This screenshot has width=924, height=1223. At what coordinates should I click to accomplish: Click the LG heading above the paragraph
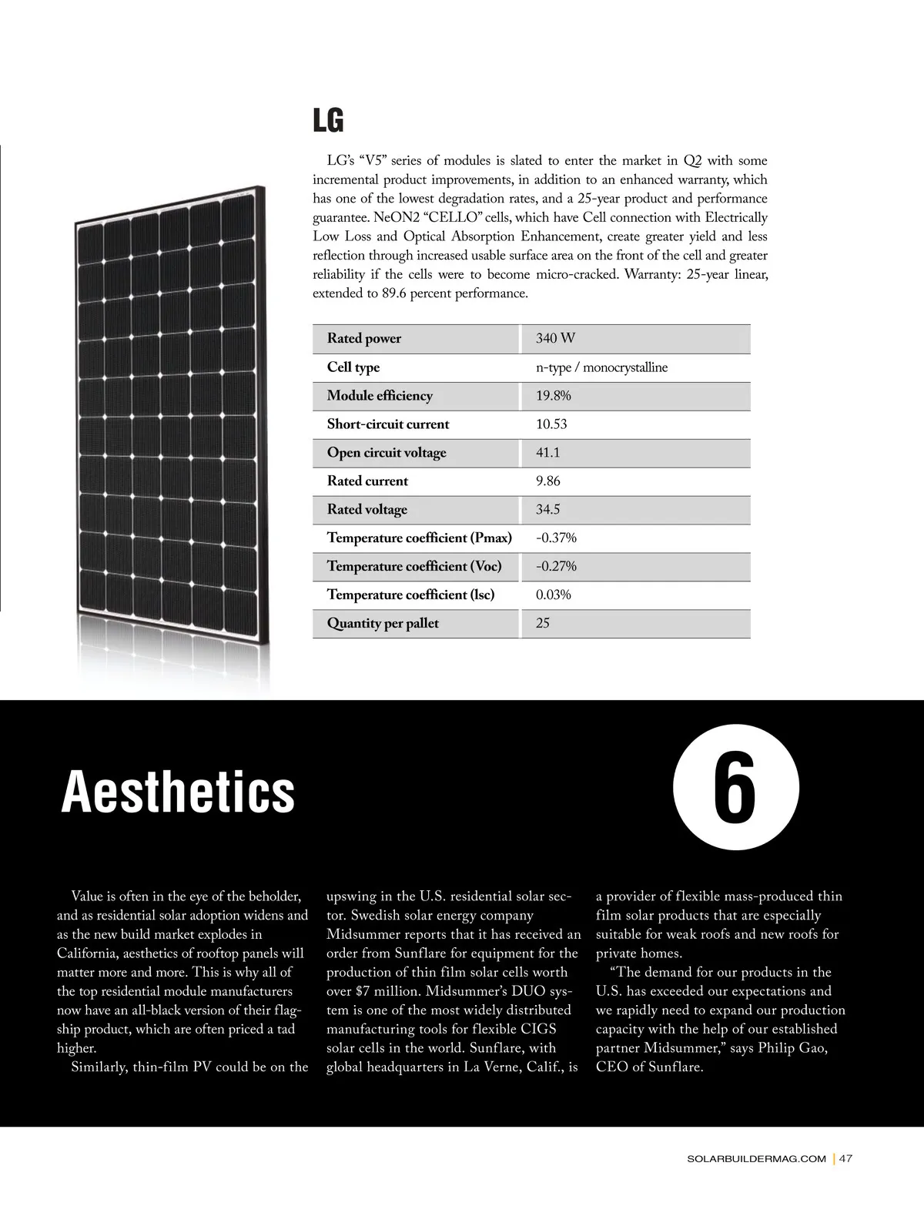tap(328, 121)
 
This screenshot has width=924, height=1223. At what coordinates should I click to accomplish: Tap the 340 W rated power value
tap(555, 339)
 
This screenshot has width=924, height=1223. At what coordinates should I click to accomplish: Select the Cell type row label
tap(353, 367)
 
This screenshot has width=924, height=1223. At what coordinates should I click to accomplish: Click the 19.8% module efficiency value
tap(553, 396)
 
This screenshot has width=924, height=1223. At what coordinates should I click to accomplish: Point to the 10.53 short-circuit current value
tap(551, 424)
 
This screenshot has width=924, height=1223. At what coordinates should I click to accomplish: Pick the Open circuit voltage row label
tap(387, 453)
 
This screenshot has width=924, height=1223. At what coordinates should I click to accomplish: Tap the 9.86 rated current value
tap(547, 481)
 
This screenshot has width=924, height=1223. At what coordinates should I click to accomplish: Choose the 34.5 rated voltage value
tap(547, 510)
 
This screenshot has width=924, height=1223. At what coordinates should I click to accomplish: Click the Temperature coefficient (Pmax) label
tap(419, 538)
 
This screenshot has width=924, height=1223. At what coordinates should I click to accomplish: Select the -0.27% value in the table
tap(556, 566)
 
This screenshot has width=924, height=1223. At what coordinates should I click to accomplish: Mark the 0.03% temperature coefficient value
tap(553, 595)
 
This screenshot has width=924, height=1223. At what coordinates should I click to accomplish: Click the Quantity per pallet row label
tap(383, 623)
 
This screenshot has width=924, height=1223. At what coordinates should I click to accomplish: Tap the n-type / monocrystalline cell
tap(601, 367)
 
